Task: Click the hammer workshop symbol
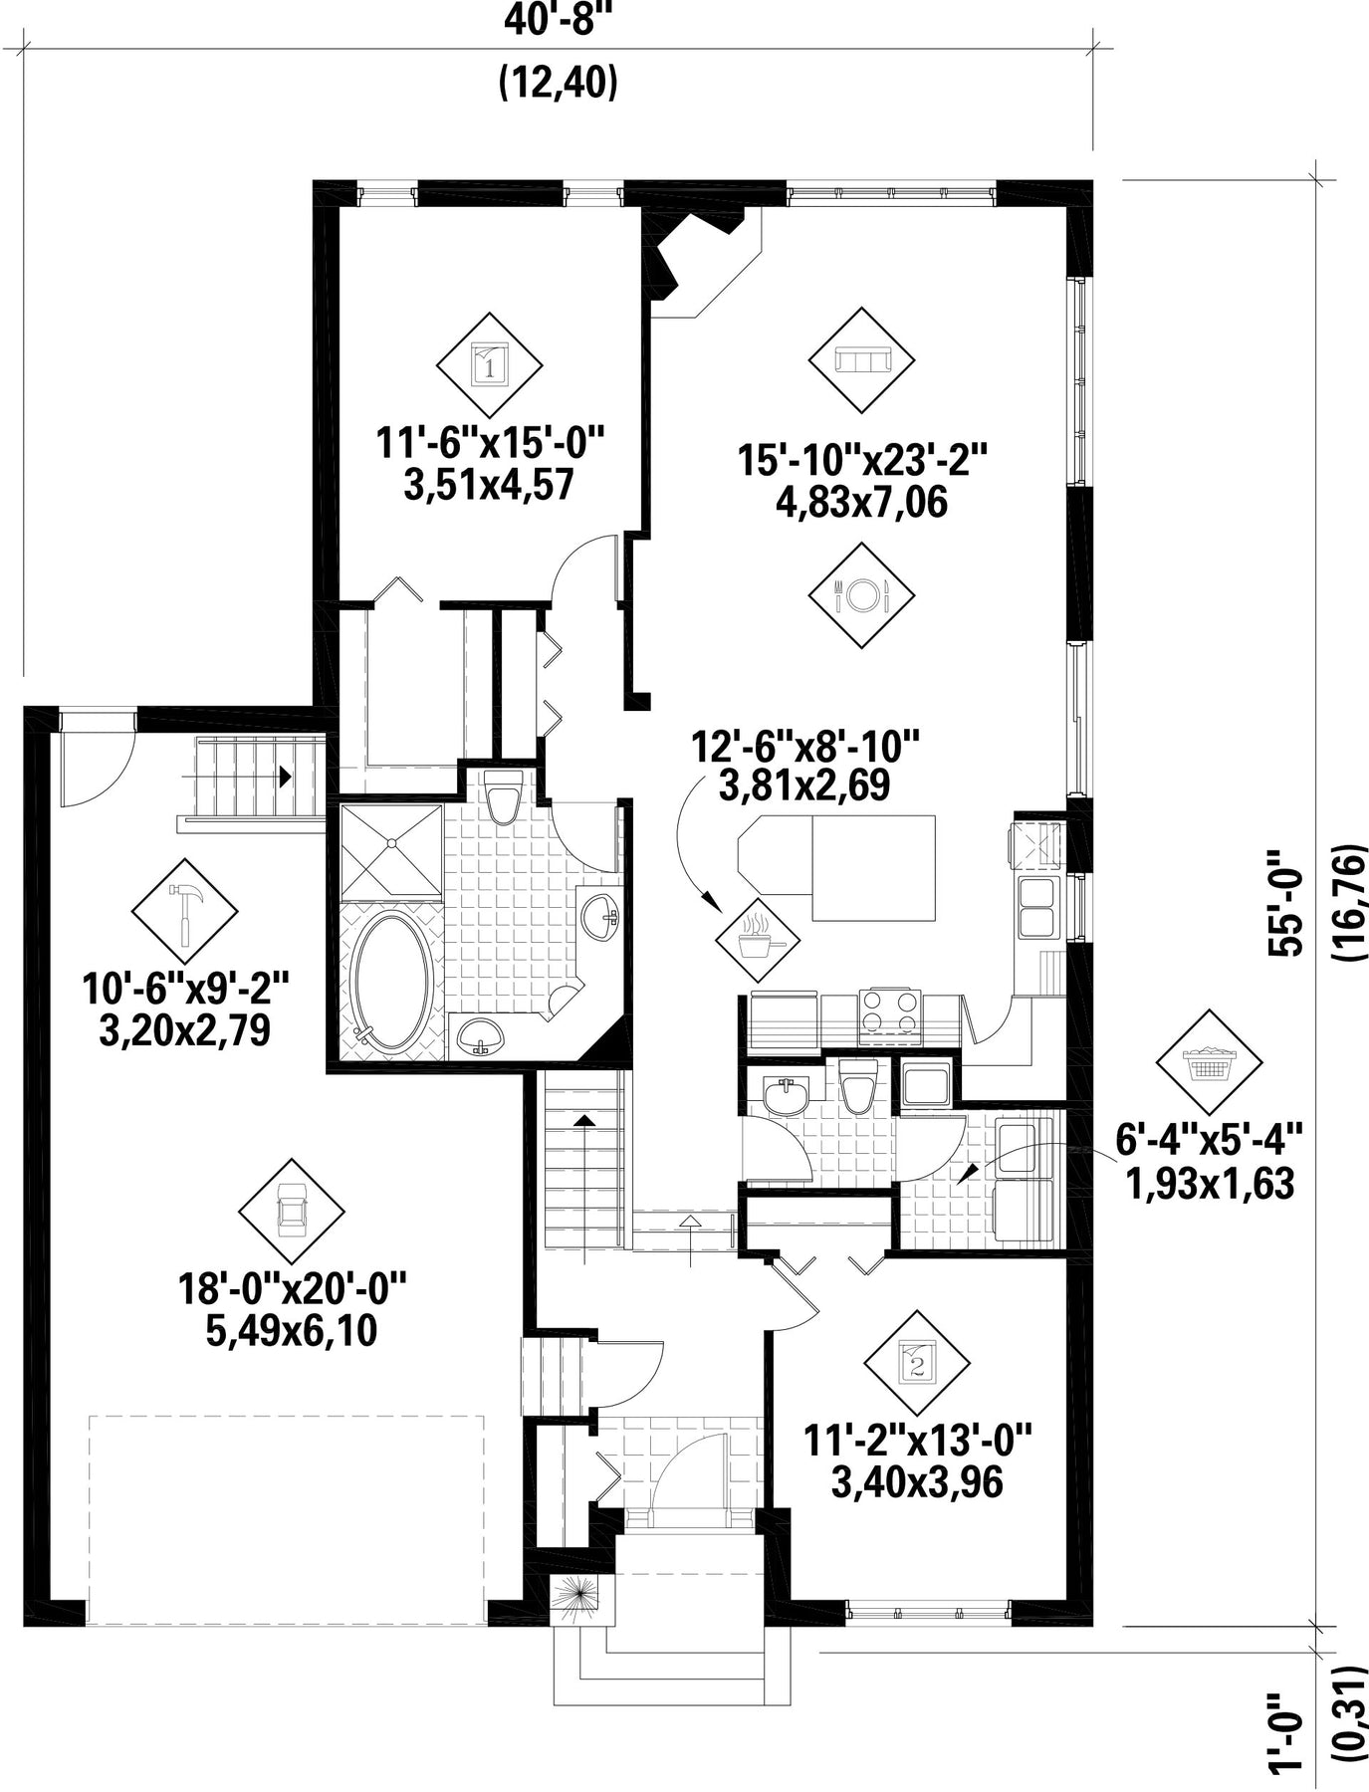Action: point(185,912)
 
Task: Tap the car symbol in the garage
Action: point(292,1212)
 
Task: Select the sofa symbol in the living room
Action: point(860,360)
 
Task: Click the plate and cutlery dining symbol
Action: point(861,596)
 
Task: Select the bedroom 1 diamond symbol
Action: point(489,365)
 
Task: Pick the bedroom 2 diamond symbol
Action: point(916,1361)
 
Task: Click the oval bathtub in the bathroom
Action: point(392,983)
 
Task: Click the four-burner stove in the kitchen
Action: point(890,1014)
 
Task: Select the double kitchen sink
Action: point(1037,907)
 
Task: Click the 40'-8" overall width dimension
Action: point(557,21)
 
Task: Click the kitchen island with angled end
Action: point(836,868)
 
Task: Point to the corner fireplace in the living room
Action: point(697,254)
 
